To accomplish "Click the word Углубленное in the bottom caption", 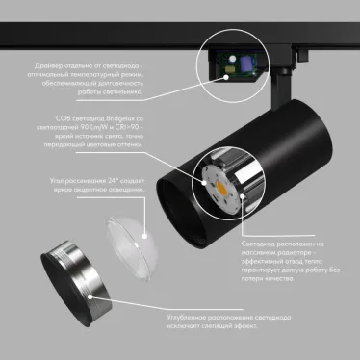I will point(144,317).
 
